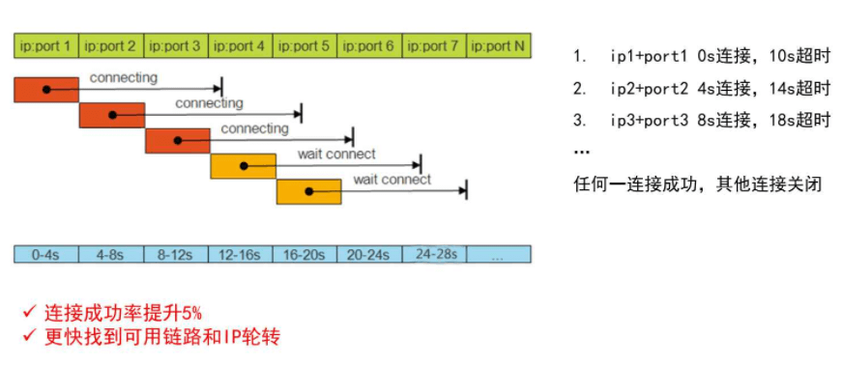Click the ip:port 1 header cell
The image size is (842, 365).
(x=46, y=45)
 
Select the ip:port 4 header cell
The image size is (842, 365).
(x=240, y=45)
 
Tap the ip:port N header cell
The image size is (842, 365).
(x=499, y=45)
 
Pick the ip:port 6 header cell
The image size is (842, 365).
(x=369, y=45)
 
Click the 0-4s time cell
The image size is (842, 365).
(x=46, y=254)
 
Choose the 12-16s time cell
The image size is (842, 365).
(x=240, y=254)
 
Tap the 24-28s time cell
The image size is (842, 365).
(x=434, y=254)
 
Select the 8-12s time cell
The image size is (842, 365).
(x=175, y=254)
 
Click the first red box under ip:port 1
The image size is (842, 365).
(x=46, y=89)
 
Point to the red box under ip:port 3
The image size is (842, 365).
(x=177, y=140)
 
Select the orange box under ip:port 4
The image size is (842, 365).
(x=243, y=166)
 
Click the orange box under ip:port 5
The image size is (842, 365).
(x=308, y=191)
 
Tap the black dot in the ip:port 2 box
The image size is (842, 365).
(x=112, y=115)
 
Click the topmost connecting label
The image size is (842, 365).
(x=124, y=76)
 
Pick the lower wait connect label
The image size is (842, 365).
(x=392, y=180)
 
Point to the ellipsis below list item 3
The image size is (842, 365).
(x=582, y=153)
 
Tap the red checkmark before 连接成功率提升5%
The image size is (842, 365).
(x=30, y=312)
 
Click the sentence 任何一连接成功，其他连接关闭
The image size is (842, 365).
(x=697, y=183)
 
